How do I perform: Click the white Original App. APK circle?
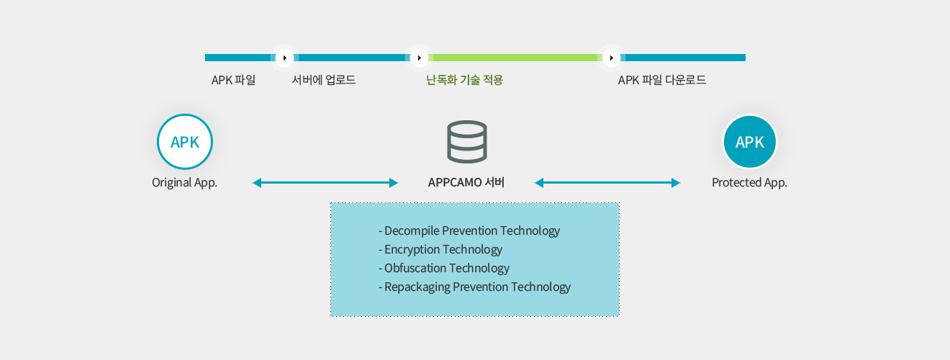click(184, 142)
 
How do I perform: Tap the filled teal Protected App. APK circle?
click(749, 142)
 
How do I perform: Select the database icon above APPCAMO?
click(466, 142)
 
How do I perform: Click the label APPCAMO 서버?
click(466, 183)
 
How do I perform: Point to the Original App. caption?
click(184, 183)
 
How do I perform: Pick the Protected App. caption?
click(749, 183)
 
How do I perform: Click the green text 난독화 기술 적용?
click(464, 80)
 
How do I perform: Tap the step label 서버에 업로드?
click(324, 80)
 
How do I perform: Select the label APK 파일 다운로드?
click(662, 80)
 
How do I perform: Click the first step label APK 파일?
click(233, 80)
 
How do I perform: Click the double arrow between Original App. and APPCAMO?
click(325, 183)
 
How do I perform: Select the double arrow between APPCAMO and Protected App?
click(607, 183)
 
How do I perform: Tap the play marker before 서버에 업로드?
click(285, 58)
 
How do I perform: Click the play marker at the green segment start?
click(419, 58)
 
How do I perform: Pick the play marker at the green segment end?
click(611, 58)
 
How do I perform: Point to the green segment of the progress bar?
click(515, 58)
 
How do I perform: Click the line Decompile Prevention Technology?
click(469, 231)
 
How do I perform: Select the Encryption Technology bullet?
click(440, 250)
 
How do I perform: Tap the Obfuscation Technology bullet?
click(444, 269)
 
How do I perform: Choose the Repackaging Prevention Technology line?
click(474, 287)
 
